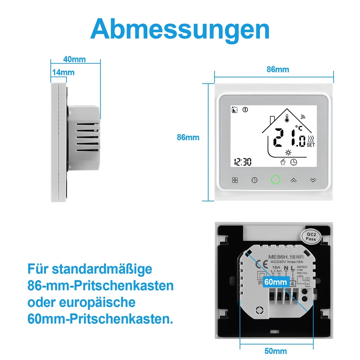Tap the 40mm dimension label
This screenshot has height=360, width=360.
coord(74,59)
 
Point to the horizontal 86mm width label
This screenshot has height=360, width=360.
coord(278,69)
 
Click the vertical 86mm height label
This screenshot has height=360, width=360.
coord(188,138)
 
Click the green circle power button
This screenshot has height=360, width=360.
coord(276,180)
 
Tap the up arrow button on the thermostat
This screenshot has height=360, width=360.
coord(294,180)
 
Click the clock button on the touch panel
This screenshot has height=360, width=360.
coord(255,180)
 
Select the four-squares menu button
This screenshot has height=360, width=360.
coord(235,180)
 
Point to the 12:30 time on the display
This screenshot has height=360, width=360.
coord(242,162)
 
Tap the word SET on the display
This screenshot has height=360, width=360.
coord(311,145)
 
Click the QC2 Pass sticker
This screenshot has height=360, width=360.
coord(311,236)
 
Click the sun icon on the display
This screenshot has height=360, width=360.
coord(288,152)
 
